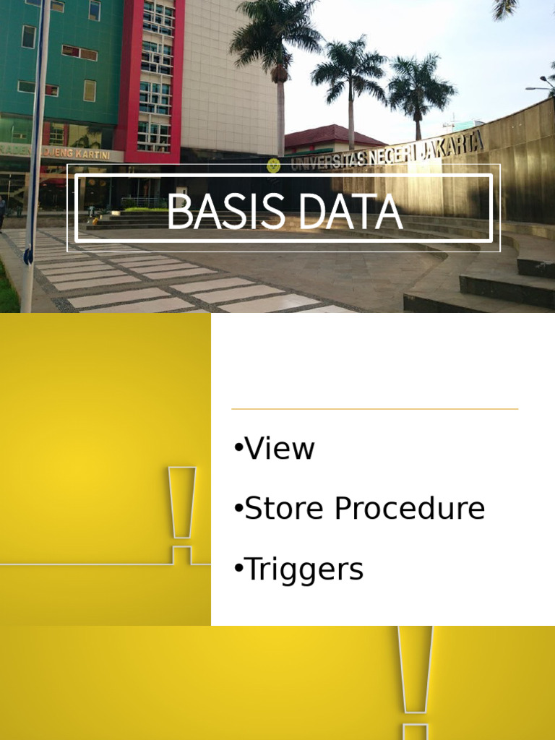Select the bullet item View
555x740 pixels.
[275, 449]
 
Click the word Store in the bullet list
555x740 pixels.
[284, 509]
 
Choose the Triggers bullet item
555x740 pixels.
[299, 569]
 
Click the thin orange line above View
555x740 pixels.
[374, 409]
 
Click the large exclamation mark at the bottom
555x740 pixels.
[416, 679]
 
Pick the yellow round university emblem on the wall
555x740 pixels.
[273, 165]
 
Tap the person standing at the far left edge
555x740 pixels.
[2, 213]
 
